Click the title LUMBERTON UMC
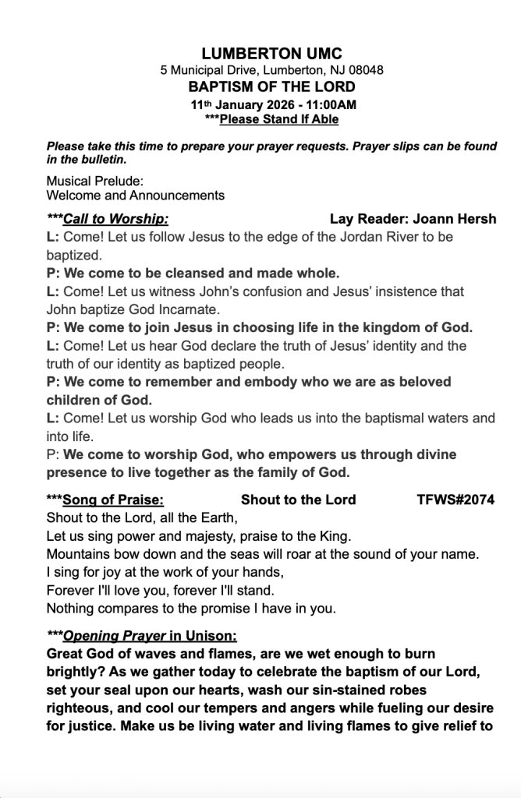(260, 54)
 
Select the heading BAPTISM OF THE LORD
(271, 87)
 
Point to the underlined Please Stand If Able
(278, 119)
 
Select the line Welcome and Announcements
(136, 195)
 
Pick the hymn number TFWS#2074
(455, 500)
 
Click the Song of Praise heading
(113, 500)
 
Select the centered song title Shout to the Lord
(298, 500)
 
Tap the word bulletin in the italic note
(97, 160)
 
